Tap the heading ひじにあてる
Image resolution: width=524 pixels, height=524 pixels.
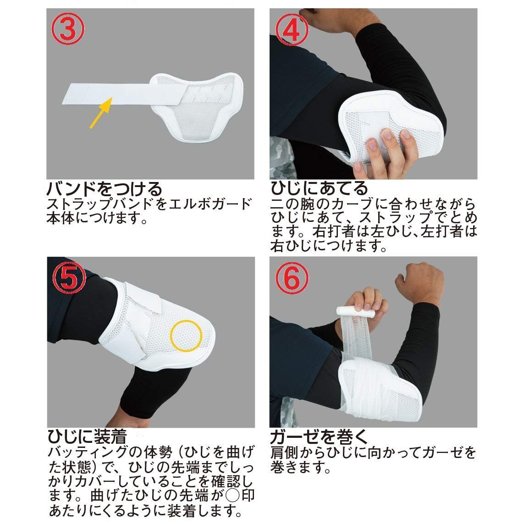(x=319, y=188)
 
